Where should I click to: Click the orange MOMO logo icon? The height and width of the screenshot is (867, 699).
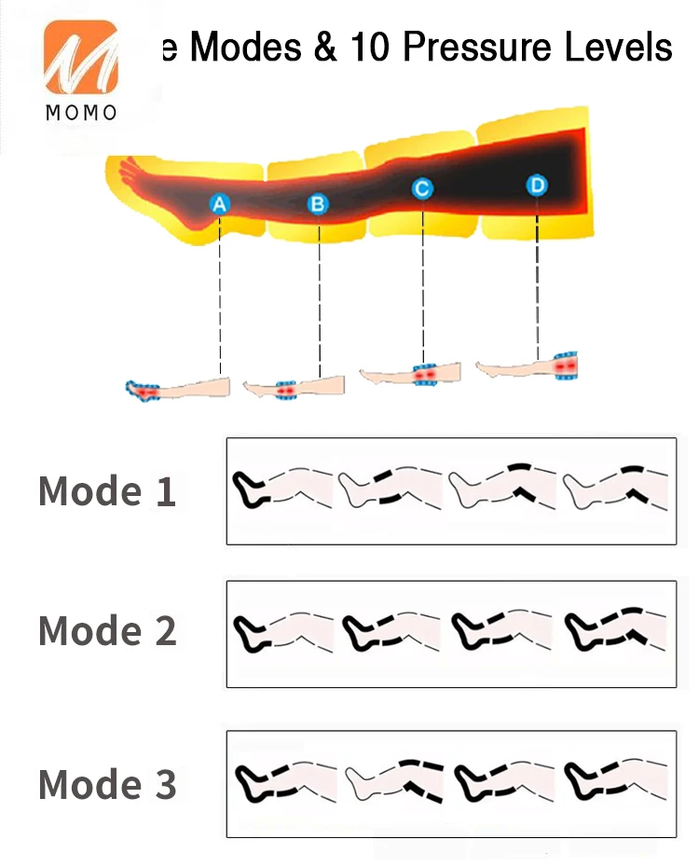point(80,58)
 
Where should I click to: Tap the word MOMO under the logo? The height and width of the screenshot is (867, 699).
point(81,113)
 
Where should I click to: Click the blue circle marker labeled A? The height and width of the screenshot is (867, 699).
point(220,203)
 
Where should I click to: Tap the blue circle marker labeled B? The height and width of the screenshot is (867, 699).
point(318,203)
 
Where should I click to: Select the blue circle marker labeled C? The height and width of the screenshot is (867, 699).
point(422,189)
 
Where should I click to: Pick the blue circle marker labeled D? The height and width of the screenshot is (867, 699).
point(537,186)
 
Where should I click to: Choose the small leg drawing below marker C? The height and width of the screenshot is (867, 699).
point(410,375)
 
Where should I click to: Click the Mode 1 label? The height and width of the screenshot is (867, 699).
point(107,491)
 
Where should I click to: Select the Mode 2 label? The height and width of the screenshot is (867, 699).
point(107,631)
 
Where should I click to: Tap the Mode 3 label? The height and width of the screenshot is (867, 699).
point(107,784)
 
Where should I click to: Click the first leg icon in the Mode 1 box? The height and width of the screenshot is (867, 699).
point(282,488)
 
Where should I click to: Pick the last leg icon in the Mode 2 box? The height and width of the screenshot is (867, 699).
point(615,629)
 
